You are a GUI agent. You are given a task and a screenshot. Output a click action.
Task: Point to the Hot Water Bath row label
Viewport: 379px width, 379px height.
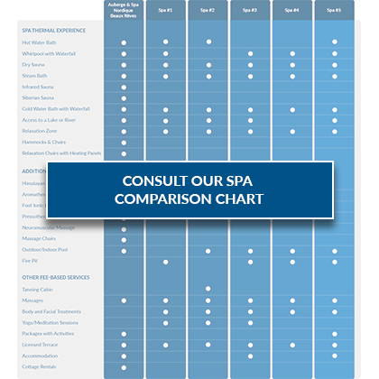pos(38,42)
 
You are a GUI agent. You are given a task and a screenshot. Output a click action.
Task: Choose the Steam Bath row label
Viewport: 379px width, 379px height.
pos(33,76)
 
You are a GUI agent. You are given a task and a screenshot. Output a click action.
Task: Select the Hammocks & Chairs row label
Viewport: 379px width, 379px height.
pos(42,143)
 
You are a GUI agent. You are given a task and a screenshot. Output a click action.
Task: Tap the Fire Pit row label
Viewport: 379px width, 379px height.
pos(30,261)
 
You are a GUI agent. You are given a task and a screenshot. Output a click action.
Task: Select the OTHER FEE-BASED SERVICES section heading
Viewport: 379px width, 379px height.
pos(56,276)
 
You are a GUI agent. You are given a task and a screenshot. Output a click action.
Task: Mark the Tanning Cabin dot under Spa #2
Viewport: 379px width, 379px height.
pos(208,289)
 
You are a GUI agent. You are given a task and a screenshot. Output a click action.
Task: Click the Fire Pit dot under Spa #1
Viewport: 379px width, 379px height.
pos(166,261)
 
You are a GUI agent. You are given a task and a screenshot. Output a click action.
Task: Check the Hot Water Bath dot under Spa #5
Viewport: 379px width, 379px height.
pos(335,42)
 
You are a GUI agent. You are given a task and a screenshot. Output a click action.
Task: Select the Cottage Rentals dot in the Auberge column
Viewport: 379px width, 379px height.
pos(124,366)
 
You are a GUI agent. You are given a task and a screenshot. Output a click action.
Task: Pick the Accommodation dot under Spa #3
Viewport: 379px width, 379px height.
pos(250,356)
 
